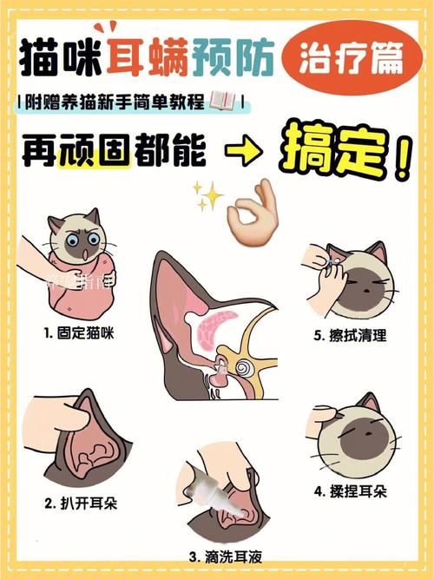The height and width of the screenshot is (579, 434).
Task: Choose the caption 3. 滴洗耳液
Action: [222, 556]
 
